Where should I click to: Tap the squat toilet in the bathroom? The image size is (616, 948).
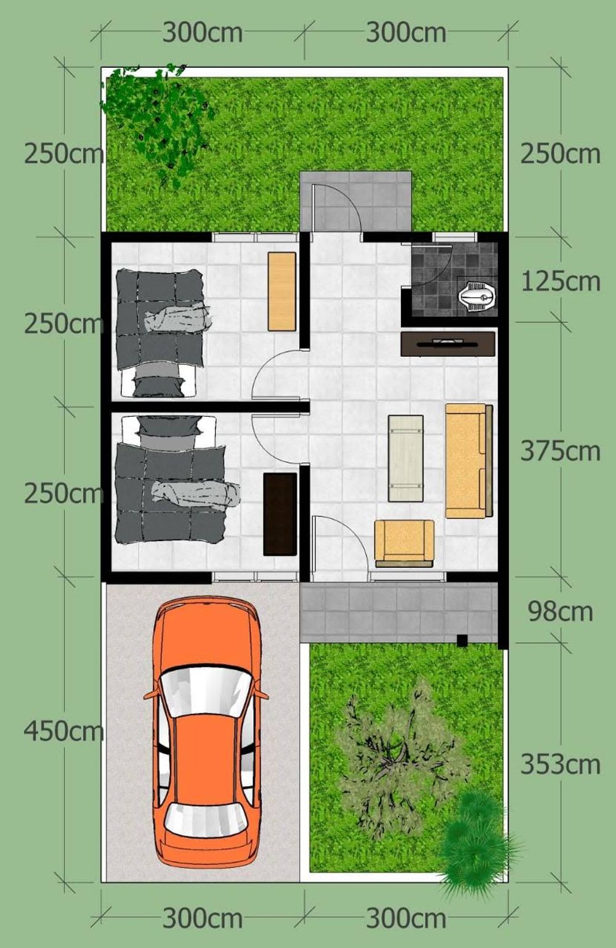478,293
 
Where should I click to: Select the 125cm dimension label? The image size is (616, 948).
560,282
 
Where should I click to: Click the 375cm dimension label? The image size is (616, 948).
560,451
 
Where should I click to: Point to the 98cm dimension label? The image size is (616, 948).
560,612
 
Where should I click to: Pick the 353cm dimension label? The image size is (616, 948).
560,764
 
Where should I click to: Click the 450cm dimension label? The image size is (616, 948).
63,731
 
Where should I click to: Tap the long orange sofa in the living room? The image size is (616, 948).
469,461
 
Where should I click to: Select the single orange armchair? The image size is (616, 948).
404,544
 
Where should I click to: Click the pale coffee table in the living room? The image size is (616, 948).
406,459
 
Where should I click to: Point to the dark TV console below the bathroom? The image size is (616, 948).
448,344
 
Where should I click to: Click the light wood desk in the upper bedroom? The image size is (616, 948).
282,291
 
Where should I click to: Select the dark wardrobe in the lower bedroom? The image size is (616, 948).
280,514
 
